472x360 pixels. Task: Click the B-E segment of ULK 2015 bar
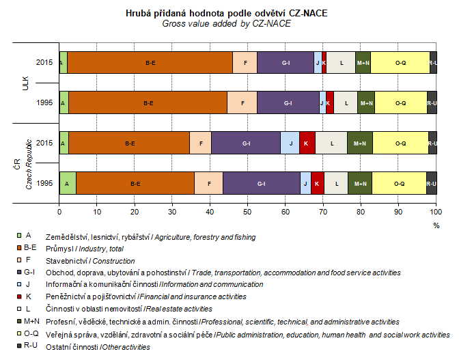point(150,62)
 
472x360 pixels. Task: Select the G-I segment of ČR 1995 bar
point(261,184)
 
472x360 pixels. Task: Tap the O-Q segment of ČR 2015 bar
point(400,143)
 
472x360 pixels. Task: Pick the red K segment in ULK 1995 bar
point(329,102)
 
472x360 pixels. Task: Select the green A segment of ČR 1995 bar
point(68,184)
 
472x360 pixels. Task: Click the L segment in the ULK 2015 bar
point(341,62)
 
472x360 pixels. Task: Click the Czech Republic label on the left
point(29,163)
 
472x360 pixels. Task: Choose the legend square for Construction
point(27,260)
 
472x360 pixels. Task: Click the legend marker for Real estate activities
point(27,309)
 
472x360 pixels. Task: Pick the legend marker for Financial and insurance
point(27,296)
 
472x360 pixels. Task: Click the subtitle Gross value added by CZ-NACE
point(226,23)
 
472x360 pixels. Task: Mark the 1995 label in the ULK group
point(44,102)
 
